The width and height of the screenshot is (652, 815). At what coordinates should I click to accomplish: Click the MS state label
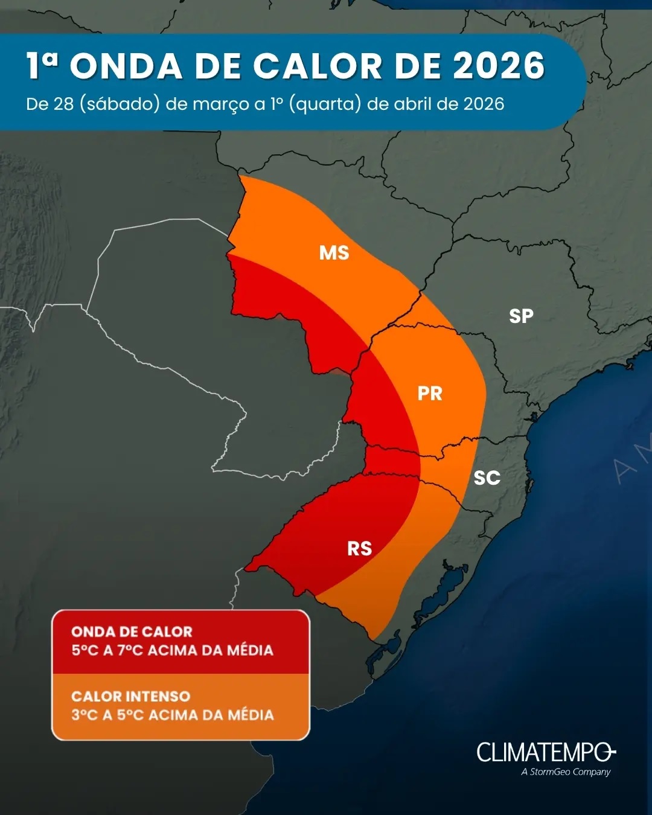[334, 252]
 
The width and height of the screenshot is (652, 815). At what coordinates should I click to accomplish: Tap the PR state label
[430, 394]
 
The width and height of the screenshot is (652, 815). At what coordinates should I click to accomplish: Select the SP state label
[521, 316]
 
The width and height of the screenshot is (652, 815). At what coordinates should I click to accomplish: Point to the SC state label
[487, 478]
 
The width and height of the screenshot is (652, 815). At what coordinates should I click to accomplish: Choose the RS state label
[359, 549]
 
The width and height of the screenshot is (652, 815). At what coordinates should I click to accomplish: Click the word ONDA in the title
[126, 66]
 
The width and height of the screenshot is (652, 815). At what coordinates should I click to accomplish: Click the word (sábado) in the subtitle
[120, 104]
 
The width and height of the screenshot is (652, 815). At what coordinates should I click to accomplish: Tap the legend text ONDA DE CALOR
[132, 632]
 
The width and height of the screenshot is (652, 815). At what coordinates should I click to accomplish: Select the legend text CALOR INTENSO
[130, 697]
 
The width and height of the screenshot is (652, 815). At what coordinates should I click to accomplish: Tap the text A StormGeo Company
[566, 772]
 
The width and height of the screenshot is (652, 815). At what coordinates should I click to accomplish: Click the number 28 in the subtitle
[63, 104]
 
